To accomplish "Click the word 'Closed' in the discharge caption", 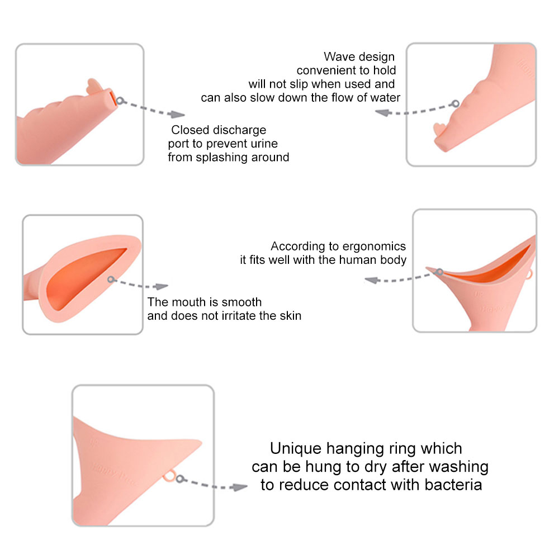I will tap(191, 130).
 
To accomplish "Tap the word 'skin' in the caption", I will tap(290, 316).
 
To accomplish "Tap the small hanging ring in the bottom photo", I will tap(170, 477).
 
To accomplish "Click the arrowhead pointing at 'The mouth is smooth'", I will tap(162, 287).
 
